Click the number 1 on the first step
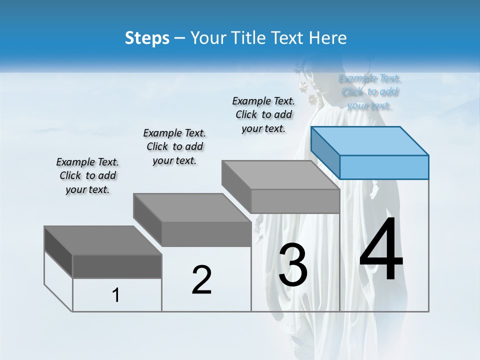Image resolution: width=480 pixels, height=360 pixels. point(116,295)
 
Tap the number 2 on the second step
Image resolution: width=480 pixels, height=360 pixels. point(201,280)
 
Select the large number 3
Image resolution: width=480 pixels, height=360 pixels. point(293,265)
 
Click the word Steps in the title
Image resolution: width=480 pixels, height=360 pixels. point(147,38)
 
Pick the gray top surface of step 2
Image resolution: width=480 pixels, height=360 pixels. point(192,208)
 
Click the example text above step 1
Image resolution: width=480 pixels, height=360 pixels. point(87,176)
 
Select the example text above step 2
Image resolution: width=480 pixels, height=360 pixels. point(174,147)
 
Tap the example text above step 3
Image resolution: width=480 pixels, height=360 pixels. point(263,114)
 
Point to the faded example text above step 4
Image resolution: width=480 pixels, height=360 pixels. point(369,92)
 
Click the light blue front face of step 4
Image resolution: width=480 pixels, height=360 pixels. point(384,167)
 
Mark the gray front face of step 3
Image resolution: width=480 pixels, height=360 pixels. point(295,201)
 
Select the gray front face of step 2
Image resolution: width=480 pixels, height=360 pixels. point(206,234)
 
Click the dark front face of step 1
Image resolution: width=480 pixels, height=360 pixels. point(117,266)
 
